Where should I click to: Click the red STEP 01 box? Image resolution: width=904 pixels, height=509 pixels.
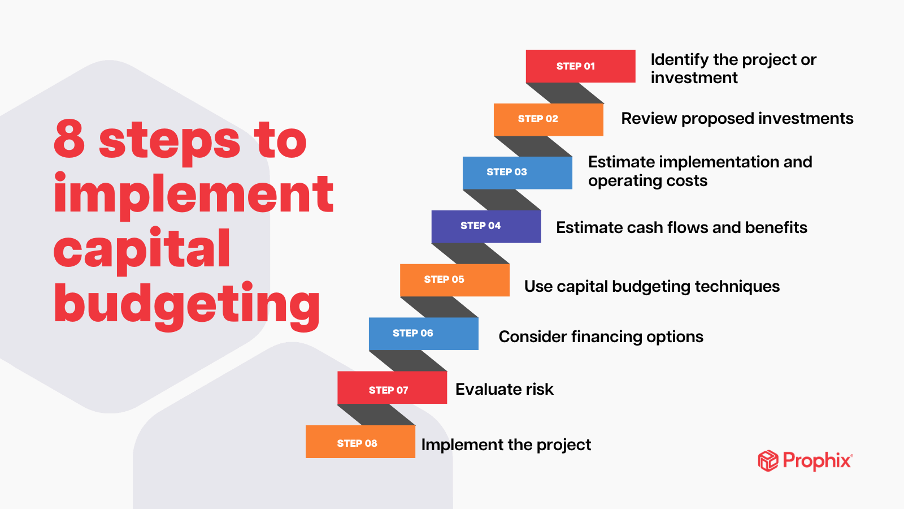point(580,66)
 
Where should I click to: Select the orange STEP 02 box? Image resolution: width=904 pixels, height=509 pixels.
point(549,119)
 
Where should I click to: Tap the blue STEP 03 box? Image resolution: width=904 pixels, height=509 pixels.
point(518,173)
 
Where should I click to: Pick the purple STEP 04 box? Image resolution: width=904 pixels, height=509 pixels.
point(486,227)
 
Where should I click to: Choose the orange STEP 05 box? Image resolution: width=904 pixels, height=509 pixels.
point(455,281)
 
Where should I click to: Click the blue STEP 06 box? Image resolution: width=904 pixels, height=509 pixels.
point(424,334)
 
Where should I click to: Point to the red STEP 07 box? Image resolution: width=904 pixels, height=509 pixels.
point(392,387)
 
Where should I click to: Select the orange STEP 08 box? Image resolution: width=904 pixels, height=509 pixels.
point(360,442)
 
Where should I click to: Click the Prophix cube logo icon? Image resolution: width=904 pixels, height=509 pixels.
point(768,460)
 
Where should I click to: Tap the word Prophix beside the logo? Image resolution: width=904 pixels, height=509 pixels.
point(818,460)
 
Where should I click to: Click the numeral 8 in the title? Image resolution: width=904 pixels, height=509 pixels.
point(69,139)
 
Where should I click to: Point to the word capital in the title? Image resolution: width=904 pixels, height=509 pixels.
point(142,250)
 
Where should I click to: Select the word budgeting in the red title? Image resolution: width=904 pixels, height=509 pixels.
point(187,305)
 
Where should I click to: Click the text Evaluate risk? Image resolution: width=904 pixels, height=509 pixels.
point(505,390)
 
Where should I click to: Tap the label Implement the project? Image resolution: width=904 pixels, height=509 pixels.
point(506,445)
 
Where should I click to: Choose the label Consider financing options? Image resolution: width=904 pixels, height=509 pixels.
point(601,337)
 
